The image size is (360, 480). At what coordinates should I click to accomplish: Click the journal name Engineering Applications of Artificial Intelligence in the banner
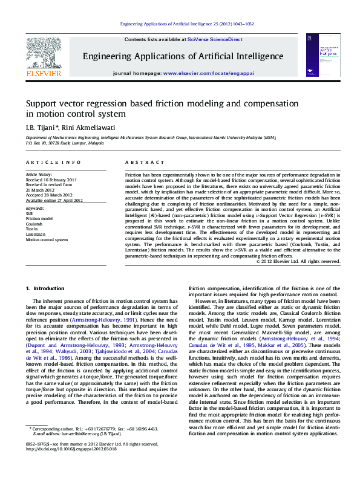pyautogui.click(x=183, y=56)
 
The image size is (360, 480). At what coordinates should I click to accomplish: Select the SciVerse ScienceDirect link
pyautogui.click(x=215, y=39)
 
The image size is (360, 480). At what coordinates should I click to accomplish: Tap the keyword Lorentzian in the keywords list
pyautogui.click(x=37, y=235)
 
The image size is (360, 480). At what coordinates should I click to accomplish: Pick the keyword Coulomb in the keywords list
pyautogui.click(x=34, y=224)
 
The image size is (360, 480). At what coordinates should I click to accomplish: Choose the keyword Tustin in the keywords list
pyautogui.click(x=32, y=229)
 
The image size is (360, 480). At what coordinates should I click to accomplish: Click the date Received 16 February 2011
pyautogui.click(x=51, y=180)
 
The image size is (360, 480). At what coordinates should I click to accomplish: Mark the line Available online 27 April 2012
pyautogui.click(x=54, y=200)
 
